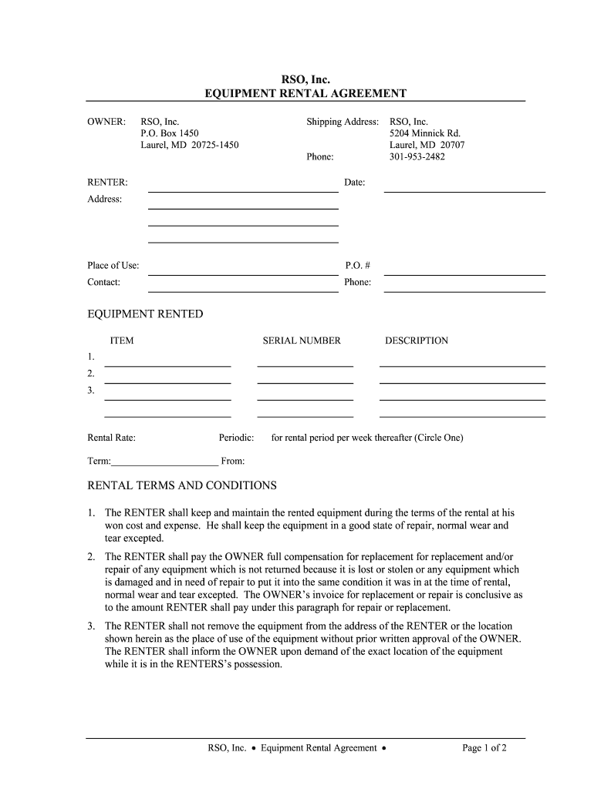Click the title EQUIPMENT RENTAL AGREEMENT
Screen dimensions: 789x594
tap(305, 94)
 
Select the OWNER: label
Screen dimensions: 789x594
tap(106, 122)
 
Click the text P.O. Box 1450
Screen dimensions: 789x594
tap(169, 133)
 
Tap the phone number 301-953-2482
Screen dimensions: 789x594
tap(417, 156)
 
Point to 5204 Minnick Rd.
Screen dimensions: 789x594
tap(425, 133)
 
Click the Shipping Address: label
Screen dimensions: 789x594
tap(343, 122)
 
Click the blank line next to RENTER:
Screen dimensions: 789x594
tap(243, 190)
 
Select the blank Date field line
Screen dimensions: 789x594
tap(464, 190)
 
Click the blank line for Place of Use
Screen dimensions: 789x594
tap(243, 274)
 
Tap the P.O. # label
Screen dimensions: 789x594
tap(353, 265)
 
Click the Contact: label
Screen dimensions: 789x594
tap(103, 282)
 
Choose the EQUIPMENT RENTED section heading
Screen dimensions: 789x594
tap(145, 314)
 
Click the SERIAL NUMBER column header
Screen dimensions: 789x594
tap(302, 341)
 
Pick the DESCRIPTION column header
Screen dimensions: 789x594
tap(417, 341)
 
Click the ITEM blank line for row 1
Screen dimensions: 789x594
tap(167, 365)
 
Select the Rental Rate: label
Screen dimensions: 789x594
tap(112, 438)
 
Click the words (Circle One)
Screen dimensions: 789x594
tap(439, 438)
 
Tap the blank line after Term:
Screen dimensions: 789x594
tap(164, 465)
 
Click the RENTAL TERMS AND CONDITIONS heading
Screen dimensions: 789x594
tap(182, 486)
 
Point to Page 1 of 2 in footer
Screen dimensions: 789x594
tap(484, 747)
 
